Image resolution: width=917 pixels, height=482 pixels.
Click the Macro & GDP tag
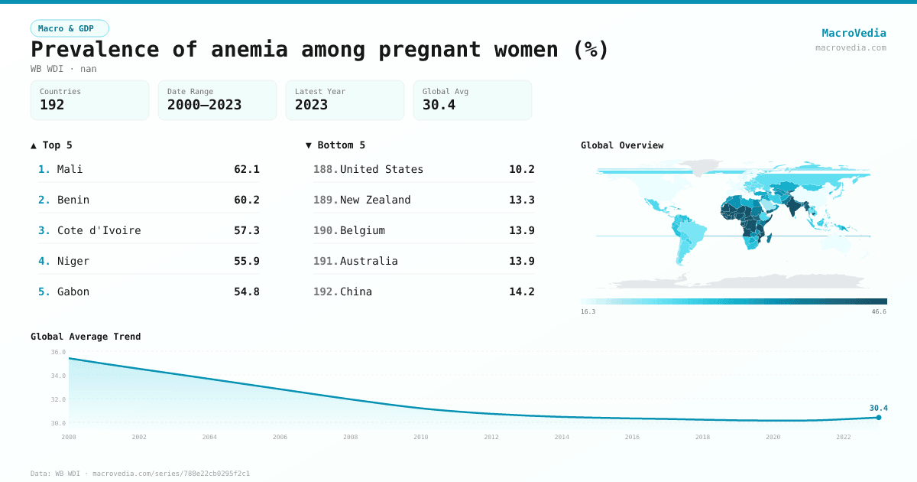70,28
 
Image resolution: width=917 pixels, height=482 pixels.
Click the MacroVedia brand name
854,33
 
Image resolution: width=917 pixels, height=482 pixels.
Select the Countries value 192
52,105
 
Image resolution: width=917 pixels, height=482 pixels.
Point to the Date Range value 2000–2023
204,105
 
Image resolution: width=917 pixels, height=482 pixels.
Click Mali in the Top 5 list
70,169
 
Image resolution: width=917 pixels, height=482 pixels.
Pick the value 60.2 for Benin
246,200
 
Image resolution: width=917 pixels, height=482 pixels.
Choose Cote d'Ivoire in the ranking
99,230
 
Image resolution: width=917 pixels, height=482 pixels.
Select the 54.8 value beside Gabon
246,291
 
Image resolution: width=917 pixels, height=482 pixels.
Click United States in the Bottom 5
381,169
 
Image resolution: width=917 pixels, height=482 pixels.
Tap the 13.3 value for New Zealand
521,200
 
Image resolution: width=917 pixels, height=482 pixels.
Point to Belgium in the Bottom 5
362,230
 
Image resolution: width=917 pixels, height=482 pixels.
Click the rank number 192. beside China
326,291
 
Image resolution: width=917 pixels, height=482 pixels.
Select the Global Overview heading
621,145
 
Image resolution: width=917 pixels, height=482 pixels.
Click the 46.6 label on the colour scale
879,311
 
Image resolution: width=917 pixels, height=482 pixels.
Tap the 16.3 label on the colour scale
588,311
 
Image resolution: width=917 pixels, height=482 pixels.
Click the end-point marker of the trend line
879,417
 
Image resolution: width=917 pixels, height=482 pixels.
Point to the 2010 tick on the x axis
420,437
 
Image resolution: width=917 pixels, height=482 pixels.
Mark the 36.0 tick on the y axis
58,353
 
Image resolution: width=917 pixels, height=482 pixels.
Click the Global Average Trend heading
86,337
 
